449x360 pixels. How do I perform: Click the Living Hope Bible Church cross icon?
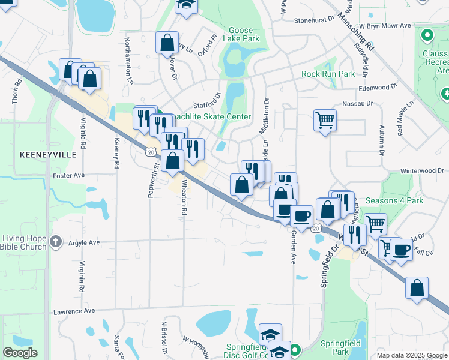pyautogui.click(x=56, y=242)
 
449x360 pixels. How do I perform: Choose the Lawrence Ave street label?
pyautogui.click(x=74, y=311)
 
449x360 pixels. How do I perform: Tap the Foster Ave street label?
pyautogui.click(x=70, y=176)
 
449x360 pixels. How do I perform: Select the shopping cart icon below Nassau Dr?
pyautogui.click(x=325, y=120)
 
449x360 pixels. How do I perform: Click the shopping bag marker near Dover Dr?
pyautogui.click(x=167, y=43)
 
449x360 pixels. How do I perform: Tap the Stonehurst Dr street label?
pyautogui.click(x=314, y=20)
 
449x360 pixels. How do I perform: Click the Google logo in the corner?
pyautogui.click(x=20, y=353)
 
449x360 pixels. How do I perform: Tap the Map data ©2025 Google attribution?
pyautogui.click(x=411, y=355)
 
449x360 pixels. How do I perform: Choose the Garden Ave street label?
pyautogui.click(x=294, y=246)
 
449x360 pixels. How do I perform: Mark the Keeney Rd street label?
pyautogui.click(x=116, y=154)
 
